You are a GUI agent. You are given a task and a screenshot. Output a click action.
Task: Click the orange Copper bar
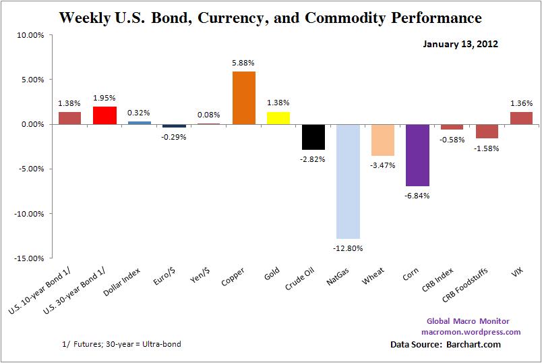click(243, 98)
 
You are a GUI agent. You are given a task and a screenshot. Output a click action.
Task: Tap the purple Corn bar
click(417, 155)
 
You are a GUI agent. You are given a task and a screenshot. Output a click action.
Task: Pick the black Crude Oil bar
click(313, 136)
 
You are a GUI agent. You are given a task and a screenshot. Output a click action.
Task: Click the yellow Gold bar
click(278, 118)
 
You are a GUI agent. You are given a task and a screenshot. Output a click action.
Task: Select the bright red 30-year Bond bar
click(104, 115)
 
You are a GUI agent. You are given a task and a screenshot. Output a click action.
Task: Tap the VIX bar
click(521, 118)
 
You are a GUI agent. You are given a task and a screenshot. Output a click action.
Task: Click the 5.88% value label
click(243, 63)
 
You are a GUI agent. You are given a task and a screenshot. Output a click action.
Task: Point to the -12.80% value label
click(348, 248)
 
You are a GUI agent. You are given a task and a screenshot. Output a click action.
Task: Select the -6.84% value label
click(417, 196)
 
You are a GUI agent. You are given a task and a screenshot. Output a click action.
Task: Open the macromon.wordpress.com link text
click(471, 331)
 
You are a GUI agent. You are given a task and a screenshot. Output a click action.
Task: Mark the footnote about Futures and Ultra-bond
click(121, 344)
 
